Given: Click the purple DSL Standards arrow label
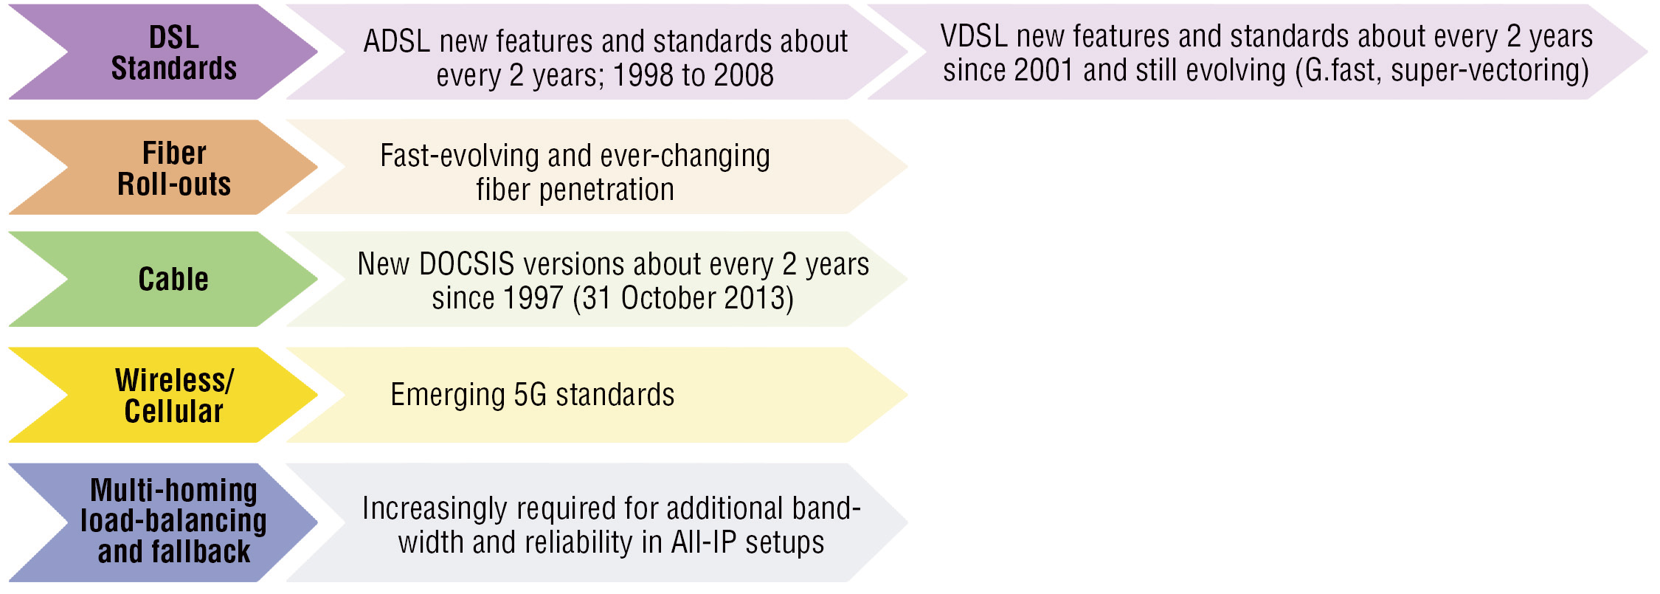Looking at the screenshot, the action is pos(174,52).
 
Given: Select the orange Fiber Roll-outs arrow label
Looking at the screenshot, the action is pos(174,168).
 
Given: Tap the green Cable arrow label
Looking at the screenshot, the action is pos(173,279).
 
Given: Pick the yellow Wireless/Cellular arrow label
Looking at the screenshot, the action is pos(174,396).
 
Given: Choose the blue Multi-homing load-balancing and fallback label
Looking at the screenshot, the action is pos(173,521).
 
